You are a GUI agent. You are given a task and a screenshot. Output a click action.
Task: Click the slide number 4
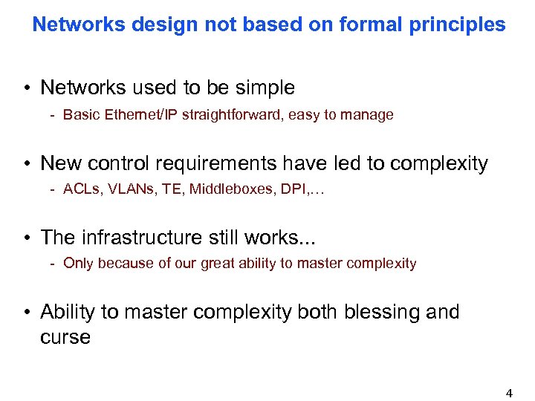tap(509, 394)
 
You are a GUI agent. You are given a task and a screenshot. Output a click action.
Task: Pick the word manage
tap(368, 114)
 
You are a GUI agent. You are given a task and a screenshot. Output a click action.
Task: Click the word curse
tap(65, 336)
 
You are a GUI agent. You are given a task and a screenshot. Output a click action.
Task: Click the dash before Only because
tap(53, 263)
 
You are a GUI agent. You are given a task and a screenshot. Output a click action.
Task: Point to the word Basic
tap(81, 114)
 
